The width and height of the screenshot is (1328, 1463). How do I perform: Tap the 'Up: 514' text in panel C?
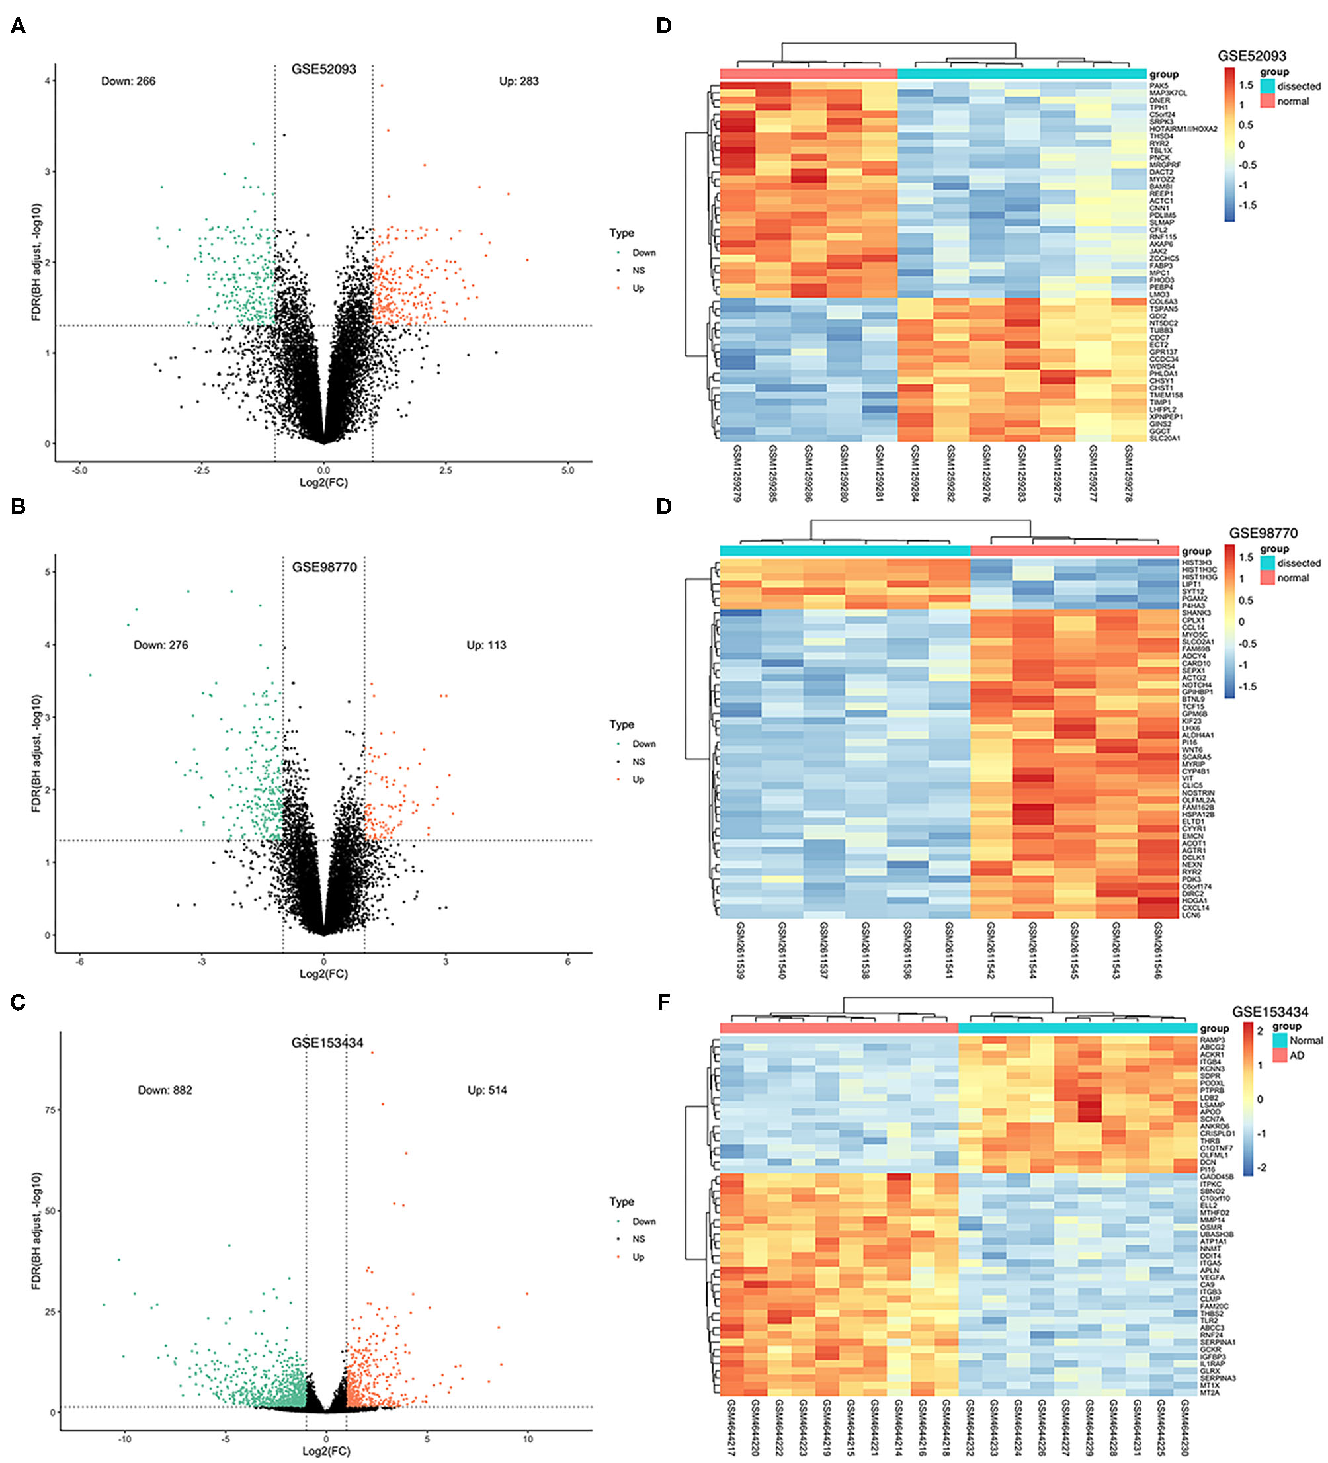coord(487,1090)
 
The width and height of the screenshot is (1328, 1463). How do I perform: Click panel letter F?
coord(663,1002)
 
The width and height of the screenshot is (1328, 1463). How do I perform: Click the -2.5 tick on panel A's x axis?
coord(201,470)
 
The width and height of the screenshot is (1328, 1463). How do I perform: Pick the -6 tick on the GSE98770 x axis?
coord(80,962)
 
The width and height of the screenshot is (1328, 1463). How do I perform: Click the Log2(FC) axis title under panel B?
coord(323,974)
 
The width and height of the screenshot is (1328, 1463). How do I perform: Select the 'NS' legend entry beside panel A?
coord(638,271)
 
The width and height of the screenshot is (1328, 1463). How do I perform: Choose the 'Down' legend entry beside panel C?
coord(643,1222)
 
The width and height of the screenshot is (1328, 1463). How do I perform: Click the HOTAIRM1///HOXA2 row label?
coord(1183,129)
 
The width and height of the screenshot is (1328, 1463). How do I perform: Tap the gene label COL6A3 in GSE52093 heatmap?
coord(1163,302)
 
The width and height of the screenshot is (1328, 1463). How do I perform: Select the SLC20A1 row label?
coord(1165,439)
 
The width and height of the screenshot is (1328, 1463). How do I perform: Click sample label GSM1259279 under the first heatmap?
coord(737,473)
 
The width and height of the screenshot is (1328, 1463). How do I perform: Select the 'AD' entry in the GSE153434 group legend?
coord(1297,1055)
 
